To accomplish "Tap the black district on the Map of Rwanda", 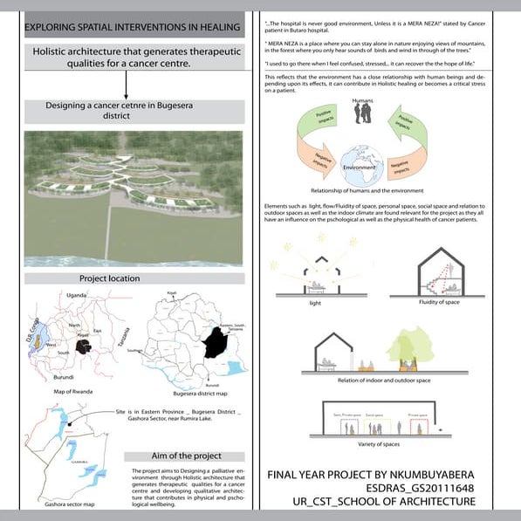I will click(x=85, y=346).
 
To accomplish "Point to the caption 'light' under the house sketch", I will click(x=315, y=305).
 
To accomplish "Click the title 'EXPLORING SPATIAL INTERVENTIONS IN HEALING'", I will click(x=133, y=28).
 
